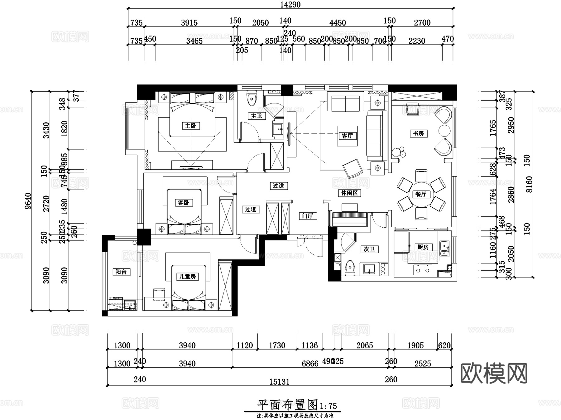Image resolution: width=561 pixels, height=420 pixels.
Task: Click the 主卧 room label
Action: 190,126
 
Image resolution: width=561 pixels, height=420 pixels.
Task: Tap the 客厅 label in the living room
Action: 347,136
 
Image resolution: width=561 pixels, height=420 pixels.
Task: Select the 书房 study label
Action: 418,133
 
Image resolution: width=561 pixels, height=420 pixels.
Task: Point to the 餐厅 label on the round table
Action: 421,194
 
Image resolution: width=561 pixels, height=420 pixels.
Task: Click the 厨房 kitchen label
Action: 423,247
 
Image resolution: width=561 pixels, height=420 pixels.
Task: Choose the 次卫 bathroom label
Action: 369,249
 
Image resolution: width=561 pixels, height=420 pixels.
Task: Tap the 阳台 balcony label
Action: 121,272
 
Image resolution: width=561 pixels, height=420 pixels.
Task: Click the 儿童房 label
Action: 187,277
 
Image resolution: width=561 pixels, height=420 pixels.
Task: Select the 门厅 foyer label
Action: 308,216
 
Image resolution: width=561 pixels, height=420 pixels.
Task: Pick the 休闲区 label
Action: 349,193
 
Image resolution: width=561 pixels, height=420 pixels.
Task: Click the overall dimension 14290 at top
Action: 290,5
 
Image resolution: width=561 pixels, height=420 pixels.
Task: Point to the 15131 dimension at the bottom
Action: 279,382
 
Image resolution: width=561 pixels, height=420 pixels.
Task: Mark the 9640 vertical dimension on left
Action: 28,201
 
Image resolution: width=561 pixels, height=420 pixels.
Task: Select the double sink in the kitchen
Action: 444,249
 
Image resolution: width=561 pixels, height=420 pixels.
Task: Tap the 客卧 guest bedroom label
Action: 184,203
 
